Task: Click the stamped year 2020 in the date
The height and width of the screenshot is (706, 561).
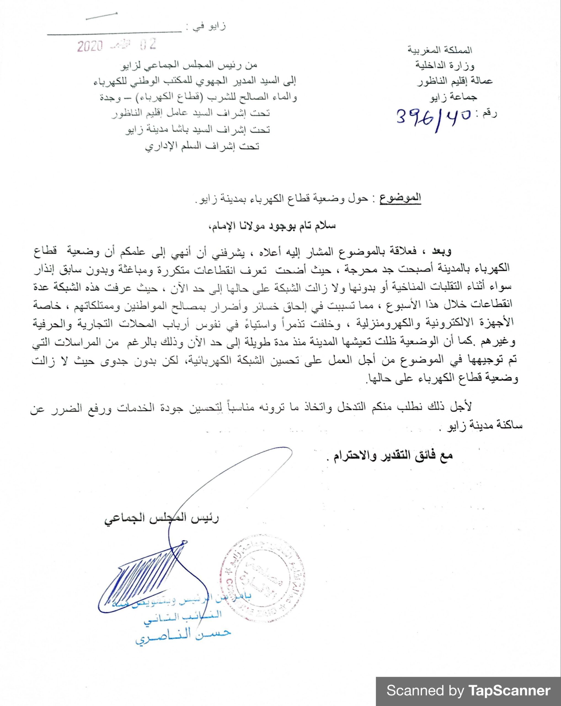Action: [x=90, y=47]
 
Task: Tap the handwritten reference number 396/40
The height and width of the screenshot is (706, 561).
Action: [x=434, y=117]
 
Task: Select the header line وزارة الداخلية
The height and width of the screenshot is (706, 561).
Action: [x=444, y=66]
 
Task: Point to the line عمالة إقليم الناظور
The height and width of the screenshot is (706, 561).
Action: [x=455, y=81]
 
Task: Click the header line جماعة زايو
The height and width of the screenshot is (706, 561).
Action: [x=454, y=97]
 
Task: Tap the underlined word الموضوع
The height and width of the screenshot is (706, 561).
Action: [x=400, y=198]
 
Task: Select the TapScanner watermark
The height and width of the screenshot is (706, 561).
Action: [x=468, y=690]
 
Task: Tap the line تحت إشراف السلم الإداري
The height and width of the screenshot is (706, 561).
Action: [x=202, y=146]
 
